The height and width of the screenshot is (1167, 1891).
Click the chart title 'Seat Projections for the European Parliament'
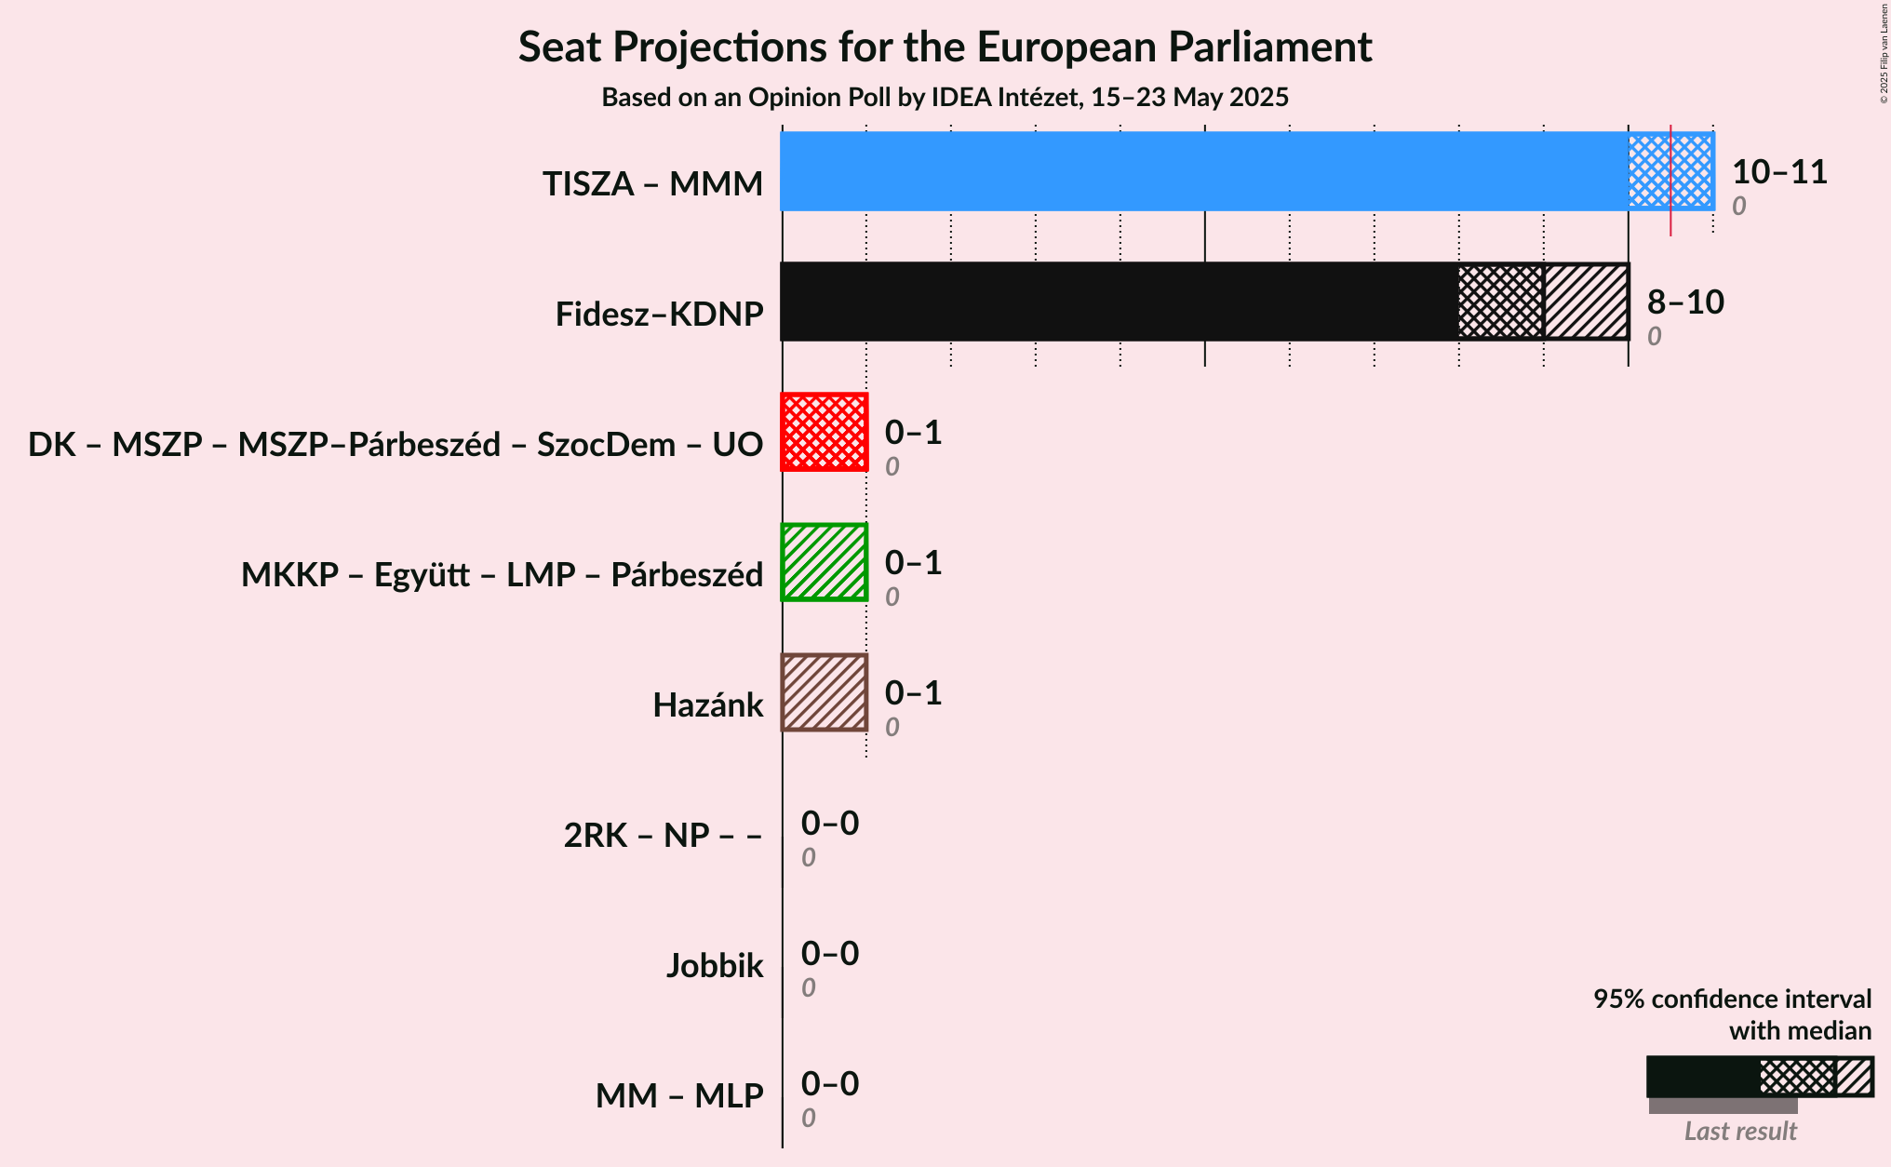point(945,47)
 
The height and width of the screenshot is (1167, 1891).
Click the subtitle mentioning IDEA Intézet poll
point(945,97)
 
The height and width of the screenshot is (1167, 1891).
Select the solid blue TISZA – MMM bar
point(1204,171)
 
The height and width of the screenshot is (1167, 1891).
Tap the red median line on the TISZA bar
point(1670,181)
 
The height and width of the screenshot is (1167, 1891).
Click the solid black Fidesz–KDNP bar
point(1120,302)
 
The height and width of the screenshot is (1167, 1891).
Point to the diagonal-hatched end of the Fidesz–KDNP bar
point(1587,302)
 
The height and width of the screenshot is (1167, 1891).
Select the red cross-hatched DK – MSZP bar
point(825,432)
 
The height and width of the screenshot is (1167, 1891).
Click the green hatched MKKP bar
point(825,562)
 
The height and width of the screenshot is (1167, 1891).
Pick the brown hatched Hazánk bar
point(825,692)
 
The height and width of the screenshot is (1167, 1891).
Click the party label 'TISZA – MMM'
point(653,184)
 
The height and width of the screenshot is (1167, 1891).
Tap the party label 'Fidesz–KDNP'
point(660,315)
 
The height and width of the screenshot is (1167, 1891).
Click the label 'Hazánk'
point(708,705)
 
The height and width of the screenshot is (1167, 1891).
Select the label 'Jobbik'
point(715,966)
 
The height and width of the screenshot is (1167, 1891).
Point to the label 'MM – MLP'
point(679,1096)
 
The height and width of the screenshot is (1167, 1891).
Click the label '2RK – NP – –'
point(663,836)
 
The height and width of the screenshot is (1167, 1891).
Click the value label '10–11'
point(1779,171)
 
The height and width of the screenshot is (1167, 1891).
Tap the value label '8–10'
point(1685,302)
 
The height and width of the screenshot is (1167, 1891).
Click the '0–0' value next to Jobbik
point(830,953)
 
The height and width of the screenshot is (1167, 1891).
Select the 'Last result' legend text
point(1740,1131)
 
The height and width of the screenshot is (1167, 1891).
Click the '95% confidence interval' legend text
point(1732,999)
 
